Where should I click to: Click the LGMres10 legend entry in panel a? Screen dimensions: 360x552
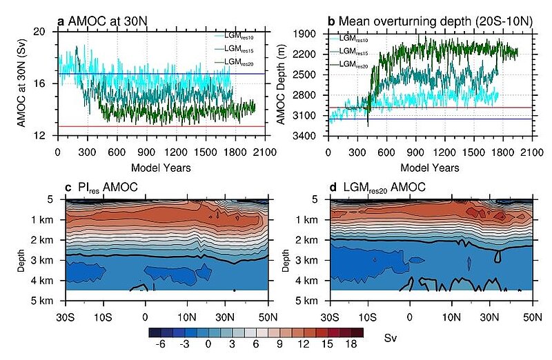click(242, 36)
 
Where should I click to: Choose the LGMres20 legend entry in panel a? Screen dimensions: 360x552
click(242, 62)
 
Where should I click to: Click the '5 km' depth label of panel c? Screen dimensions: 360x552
click(43, 301)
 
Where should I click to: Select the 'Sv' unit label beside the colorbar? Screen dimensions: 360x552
click(390, 339)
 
